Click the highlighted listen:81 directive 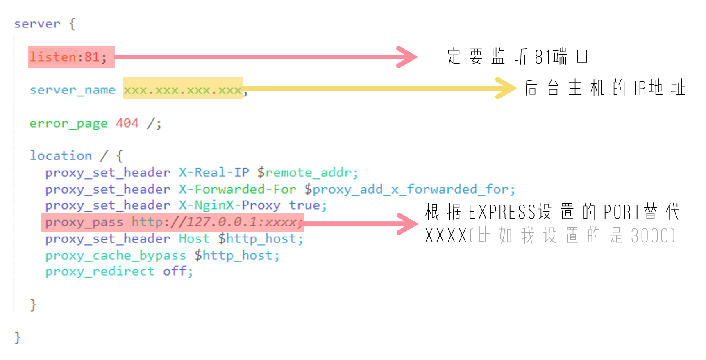[68, 57]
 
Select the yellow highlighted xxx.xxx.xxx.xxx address [182, 90]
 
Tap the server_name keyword [73, 90]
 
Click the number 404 [127, 123]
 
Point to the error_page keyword [68, 123]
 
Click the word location [61, 156]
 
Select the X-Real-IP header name [214, 173]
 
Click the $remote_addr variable [308, 173]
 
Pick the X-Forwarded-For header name [237, 189]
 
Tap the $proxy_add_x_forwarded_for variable [410, 189]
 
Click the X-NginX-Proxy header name [229, 205]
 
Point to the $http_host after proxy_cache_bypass [237, 255]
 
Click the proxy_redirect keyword [100, 271]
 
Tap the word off [177, 271]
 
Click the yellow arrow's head [507, 88]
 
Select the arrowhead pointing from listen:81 [408, 57]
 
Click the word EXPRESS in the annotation [502, 212]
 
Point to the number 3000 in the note [650, 236]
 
